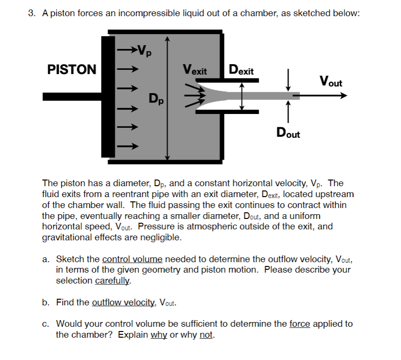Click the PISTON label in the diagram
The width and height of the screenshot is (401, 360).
[x=72, y=70]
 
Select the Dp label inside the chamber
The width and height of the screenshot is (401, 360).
[x=155, y=98]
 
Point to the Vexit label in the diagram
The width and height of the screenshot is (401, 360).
[x=195, y=71]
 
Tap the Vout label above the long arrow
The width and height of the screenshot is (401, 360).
[x=330, y=81]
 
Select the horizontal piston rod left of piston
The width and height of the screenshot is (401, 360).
[x=71, y=96]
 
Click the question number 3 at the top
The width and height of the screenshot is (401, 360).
[x=31, y=14]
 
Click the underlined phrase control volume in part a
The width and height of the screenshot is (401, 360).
[x=132, y=259]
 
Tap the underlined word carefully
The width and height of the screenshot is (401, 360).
[x=112, y=280]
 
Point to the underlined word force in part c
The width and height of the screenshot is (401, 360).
[x=299, y=324]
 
